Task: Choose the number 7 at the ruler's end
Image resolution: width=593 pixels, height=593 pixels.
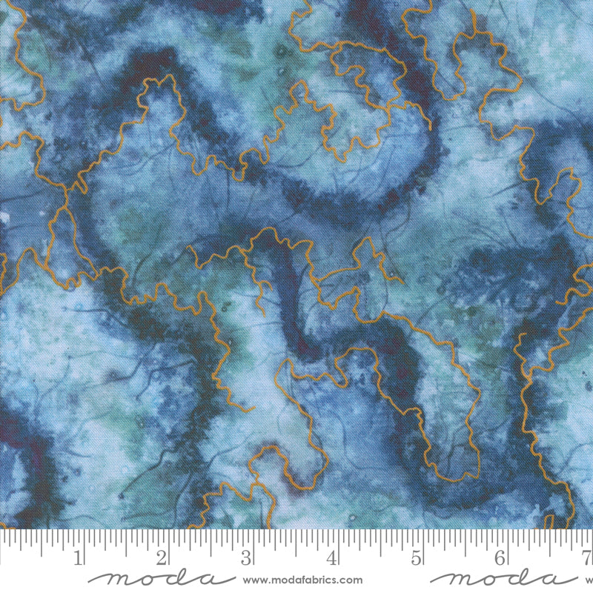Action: (x=586, y=557)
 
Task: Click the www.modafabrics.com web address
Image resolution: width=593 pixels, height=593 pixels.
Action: (x=302, y=580)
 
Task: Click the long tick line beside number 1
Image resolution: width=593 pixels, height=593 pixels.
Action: (x=84, y=545)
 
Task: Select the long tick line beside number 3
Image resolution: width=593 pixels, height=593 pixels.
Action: (x=253, y=545)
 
